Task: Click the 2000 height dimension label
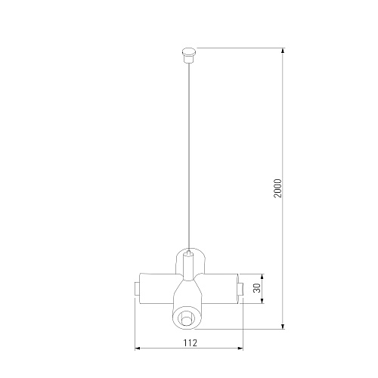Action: pos(277,188)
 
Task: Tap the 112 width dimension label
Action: pos(191,343)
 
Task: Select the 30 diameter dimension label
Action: pos(257,288)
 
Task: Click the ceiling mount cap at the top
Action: pos(189,55)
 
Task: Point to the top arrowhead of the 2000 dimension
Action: pos(283,51)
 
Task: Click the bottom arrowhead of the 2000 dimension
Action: pos(283,327)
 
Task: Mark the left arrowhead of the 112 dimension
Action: pos(138,349)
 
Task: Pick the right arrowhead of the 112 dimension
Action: pos(240,349)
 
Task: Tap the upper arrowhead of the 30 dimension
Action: pos(262,277)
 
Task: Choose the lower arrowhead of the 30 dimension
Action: pos(262,301)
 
